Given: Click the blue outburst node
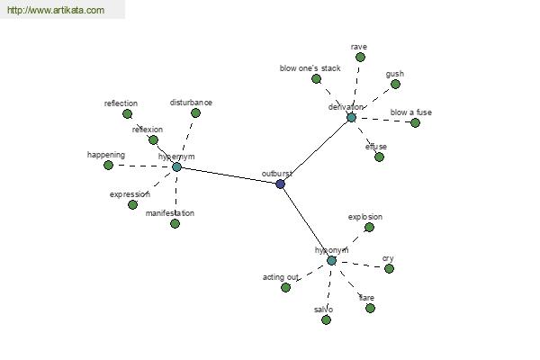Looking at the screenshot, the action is coord(280,184).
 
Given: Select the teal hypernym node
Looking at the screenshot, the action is coord(176,167).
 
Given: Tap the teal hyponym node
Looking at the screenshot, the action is coord(331,260).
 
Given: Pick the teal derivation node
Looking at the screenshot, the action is coord(351,118).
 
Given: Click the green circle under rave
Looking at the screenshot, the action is coord(360,58).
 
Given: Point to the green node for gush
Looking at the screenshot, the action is coord(395,84).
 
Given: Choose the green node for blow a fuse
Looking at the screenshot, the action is coord(415,122).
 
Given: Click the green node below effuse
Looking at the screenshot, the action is coord(379,157).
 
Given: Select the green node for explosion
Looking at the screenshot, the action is coord(369,228).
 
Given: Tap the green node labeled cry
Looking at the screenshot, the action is coord(389,269).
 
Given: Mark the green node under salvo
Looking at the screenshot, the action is coord(326,320).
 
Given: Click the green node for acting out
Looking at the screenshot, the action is coord(285,287).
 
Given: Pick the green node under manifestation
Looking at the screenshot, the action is coord(175,224).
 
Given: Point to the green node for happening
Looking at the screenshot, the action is coord(109,166).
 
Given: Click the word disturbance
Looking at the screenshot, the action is coord(191,103).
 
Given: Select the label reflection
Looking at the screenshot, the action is coord(121,103).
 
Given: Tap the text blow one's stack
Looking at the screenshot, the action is coord(310,68).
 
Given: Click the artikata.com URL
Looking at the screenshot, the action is coord(56,10).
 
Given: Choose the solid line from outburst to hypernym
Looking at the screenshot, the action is coord(229,175).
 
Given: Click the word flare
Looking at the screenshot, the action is coord(366,298).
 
